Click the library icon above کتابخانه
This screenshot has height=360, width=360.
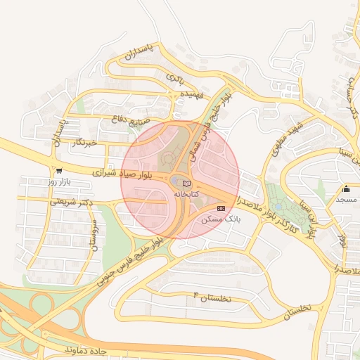point(186,183)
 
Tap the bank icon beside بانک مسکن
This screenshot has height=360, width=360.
point(221,208)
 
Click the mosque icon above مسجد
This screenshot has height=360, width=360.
point(346,189)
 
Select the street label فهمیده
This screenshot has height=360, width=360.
point(191,93)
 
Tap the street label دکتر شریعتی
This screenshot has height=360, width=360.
point(72,202)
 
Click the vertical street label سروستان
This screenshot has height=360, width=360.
point(91,233)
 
